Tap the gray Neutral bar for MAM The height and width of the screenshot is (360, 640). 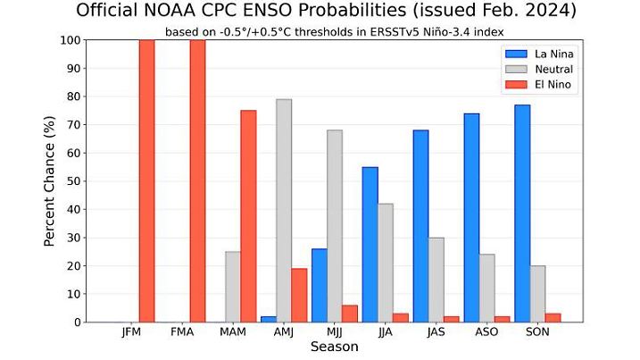click(233, 287)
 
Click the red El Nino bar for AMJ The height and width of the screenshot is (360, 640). click(299, 295)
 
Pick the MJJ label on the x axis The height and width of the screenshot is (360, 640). click(335, 332)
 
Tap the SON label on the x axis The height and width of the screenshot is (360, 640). click(538, 332)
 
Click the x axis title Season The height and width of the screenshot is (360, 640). click(335, 347)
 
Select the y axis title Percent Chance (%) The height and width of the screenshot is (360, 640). click(51, 181)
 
